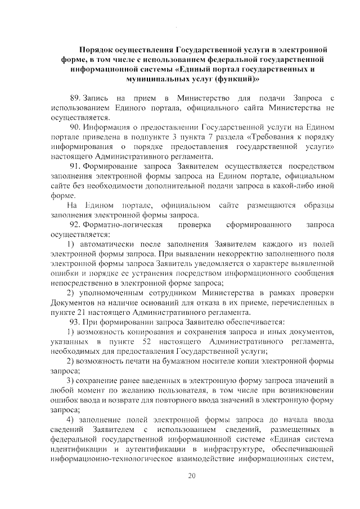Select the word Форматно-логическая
pyautogui.click(x=124, y=225)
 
